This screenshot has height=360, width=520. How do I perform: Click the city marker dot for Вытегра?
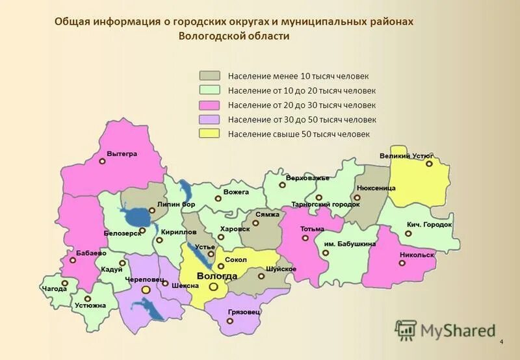(102, 163)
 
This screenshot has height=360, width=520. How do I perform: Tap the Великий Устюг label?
(406, 156)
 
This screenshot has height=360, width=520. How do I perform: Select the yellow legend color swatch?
(210, 134)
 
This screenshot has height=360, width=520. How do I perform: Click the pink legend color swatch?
(210, 105)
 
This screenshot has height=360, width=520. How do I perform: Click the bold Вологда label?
(216, 276)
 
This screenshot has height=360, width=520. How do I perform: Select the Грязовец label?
(244, 313)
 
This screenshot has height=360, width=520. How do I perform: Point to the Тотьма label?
(312, 229)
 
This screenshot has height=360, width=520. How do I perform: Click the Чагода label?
(54, 288)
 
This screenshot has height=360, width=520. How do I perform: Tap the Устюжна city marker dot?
(88, 298)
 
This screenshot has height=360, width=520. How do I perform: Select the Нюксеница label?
(376, 188)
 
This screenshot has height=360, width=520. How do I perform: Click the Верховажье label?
(307, 177)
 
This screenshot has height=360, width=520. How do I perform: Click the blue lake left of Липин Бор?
(135, 216)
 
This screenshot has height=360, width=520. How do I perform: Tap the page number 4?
(502, 342)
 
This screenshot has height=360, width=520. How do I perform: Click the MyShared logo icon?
(406, 330)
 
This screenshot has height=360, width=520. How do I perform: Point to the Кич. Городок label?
(430, 224)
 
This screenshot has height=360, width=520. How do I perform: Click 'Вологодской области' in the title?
(234, 36)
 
